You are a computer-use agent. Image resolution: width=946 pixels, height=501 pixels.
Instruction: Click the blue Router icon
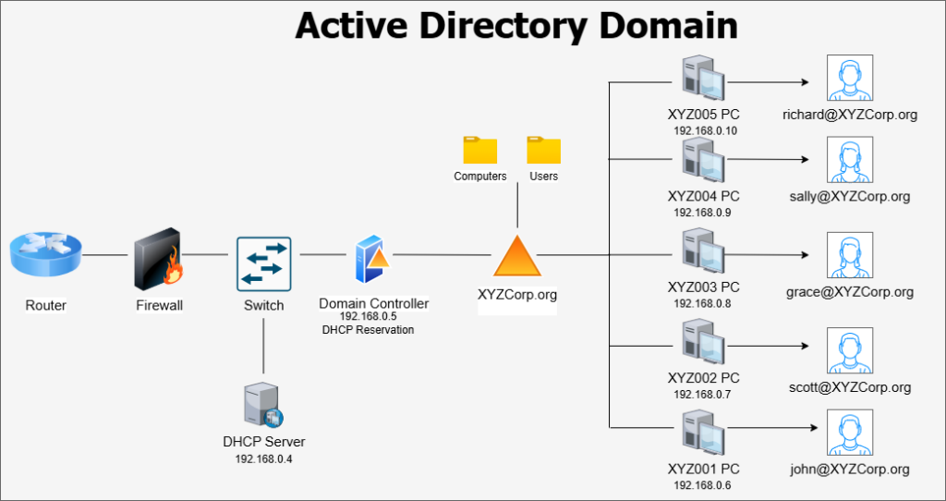click(x=46, y=254)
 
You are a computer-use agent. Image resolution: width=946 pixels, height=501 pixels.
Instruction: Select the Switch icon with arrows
click(x=263, y=264)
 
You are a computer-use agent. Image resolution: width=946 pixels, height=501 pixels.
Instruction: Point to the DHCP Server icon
click(x=263, y=405)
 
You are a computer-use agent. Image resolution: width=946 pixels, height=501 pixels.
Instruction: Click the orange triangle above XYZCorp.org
click(x=516, y=256)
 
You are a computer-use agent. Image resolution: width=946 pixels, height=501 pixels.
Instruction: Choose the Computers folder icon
click(x=480, y=150)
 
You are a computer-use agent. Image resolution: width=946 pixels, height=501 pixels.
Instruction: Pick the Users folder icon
click(x=543, y=150)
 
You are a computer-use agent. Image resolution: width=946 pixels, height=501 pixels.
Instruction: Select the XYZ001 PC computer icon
click(x=703, y=434)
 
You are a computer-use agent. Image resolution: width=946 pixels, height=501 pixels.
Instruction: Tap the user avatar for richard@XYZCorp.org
click(x=850, y=78)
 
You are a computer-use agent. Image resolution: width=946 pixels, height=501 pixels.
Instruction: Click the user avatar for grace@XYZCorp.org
click(x=850, y=256)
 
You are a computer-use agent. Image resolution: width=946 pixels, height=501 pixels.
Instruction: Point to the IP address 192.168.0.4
click(x=263, y=458)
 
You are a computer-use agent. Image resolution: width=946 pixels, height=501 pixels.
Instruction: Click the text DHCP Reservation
click(x=368, y=330)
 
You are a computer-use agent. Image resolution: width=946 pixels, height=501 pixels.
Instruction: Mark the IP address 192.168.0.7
click(x=703, y=395)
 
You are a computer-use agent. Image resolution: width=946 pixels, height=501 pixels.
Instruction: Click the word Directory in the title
click(x=503, y=26)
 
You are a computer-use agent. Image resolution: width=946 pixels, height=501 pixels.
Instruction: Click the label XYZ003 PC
click(x=703, y=287)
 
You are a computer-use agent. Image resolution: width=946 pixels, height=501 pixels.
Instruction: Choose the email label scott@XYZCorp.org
click(x=850, y=387)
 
